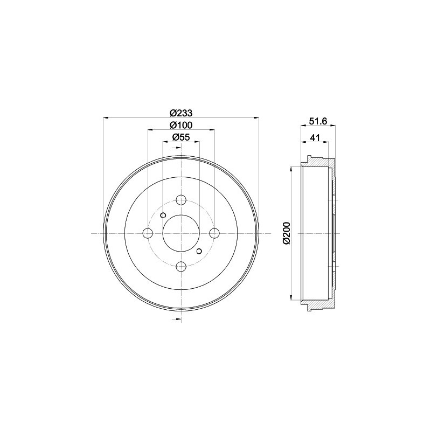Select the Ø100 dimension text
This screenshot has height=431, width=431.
tap(181, 125)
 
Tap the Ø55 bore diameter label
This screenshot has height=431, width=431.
tap(181, 138)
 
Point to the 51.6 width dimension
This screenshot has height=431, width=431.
tap(318, 122)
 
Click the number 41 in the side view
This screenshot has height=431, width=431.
tap(315, 138)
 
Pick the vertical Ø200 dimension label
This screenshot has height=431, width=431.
tap(286, 233)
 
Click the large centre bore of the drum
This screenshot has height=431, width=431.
tap(181, 233)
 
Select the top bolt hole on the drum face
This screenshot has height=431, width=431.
tap(181, 199)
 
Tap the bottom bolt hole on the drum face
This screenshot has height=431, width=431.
tap(181, 266)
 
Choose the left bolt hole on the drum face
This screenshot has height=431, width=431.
tap(148, 233)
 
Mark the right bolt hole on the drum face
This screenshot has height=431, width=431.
tap(214, 233)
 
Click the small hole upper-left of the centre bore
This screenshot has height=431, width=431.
tap(163, 215)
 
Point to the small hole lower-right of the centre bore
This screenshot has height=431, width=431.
tap(199, 251)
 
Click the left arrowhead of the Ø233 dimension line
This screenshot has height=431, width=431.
tap(106, 117)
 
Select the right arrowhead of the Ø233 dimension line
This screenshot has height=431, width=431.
tap(256, 117)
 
